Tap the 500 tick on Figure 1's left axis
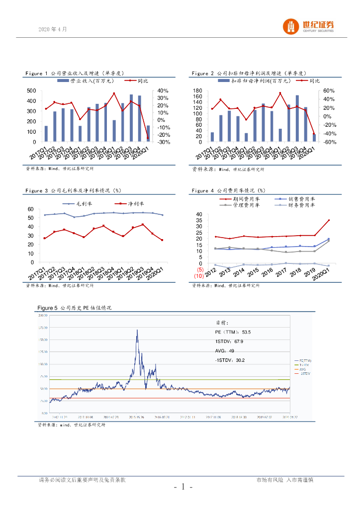click(x=31, y=90)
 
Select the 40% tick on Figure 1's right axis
click(x=163, y=90)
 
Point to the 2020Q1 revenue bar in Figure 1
click(x=148, y=133)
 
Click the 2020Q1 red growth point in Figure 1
click(x=148, y=138)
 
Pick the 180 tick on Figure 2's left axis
click(x=197, y=90)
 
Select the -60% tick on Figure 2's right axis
click(x=329, y=142)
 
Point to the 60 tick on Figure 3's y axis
click(x=30, y=209)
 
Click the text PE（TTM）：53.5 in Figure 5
click(x=233, y=332)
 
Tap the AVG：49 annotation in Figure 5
click(x=225, y=350)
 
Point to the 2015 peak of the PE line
click(x=137, y=330)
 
